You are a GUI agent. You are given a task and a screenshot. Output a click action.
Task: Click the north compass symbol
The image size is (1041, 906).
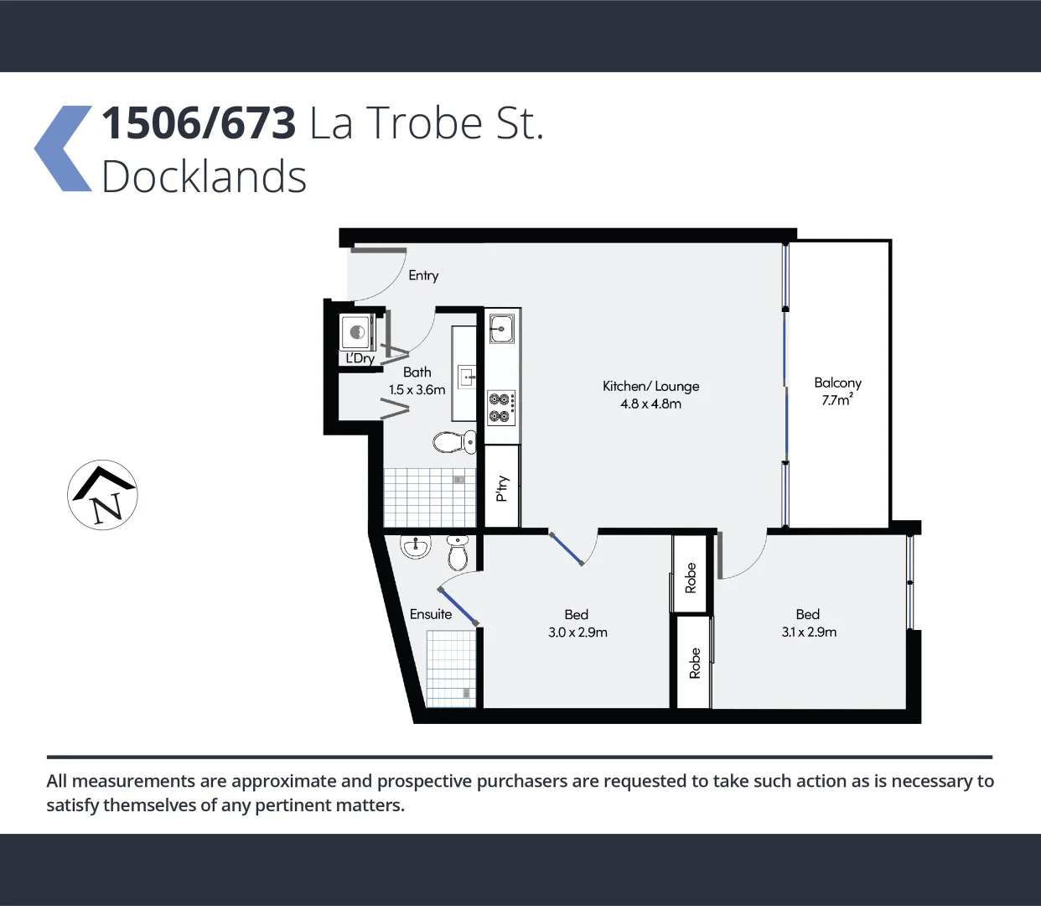tap(102, 495)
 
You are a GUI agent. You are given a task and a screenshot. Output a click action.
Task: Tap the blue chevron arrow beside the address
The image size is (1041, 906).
tap(63, 148)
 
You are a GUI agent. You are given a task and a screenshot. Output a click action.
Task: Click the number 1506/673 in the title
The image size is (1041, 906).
tap(199, 123)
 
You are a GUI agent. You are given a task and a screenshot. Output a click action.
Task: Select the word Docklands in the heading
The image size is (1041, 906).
tap(204, 177)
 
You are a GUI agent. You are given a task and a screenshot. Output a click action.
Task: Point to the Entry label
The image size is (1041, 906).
tap(423, 275)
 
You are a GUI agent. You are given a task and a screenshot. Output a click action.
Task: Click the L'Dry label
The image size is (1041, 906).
tap(360, 358)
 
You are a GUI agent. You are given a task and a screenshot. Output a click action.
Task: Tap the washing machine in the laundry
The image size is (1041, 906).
tap(356, 332)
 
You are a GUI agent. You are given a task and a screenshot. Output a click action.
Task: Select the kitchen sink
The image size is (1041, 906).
tap(502, 328)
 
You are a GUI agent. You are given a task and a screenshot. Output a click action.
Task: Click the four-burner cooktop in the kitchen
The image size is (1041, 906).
tap(501, 407)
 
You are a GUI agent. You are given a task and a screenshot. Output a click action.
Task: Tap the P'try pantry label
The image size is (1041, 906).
tap(502, 487)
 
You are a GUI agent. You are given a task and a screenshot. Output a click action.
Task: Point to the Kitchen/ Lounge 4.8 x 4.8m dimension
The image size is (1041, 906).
tap(650, 404)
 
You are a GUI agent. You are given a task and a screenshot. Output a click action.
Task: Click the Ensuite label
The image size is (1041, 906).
tap(431, 614)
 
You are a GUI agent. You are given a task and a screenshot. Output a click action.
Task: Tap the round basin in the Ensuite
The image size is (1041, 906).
tap(416, 547)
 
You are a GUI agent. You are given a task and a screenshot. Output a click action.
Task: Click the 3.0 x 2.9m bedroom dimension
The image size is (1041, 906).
tap(577, 633)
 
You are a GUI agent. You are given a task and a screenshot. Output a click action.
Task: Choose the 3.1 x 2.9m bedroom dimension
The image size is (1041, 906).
tap(809, 633)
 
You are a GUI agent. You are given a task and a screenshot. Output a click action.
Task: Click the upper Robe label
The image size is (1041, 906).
tap(691, 578)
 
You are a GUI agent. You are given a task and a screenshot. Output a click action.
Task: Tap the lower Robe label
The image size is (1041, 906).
tap(694, 663)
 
